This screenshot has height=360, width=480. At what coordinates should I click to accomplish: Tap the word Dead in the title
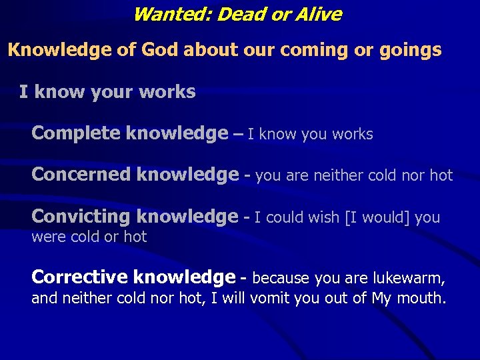click(x=236, y=14)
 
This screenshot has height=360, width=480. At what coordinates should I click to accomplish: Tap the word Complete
click(x=76, y=133)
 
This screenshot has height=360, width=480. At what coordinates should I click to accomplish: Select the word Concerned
click(x=81, y=175)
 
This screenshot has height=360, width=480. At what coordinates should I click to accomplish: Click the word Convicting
click(x=81, y=217)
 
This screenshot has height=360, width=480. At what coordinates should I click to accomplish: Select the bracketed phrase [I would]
click(x=377, y=217)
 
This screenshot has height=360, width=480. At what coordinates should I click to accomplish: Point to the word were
click(x=46, y=237)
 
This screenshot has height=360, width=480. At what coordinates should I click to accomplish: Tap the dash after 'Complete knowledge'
click(x=238, y=134)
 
